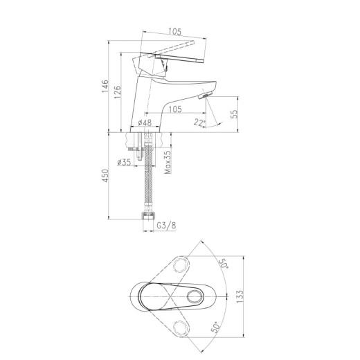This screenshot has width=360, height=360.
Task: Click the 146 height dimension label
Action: pos(105,86)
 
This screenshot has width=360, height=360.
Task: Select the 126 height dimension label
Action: pos(118,92)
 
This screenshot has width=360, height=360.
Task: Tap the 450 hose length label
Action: pos(105,176)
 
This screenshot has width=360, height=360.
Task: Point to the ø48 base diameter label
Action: pos(145,123)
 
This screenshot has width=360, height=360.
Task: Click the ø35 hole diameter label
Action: pos(124,163)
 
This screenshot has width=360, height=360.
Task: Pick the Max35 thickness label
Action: pos(168,162)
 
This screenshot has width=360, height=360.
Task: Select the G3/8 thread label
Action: pos(166,225)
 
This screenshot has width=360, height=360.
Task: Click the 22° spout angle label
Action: pos(199,122)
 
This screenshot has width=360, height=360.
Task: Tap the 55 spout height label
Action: pos(234,114)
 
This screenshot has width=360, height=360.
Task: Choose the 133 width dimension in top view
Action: pos(240,296)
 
